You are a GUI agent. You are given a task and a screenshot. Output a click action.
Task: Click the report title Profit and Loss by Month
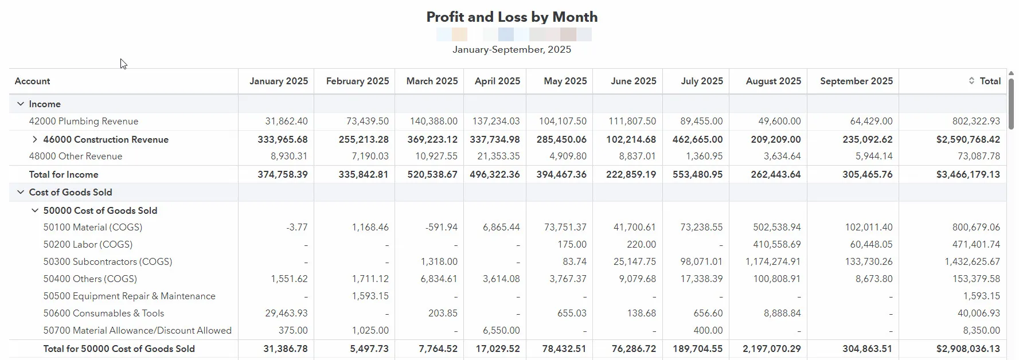(512, 17)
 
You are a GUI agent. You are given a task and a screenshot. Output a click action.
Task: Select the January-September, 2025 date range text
(512, 49)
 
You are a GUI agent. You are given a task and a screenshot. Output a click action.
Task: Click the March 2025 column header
(432, 81)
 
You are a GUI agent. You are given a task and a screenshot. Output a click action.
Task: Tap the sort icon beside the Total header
(971, 81)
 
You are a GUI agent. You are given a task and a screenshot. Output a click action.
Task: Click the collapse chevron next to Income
(21, 104)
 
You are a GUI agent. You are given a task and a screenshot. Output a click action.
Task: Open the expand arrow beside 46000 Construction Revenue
(34, 139)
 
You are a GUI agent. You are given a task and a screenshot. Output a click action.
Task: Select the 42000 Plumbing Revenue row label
(84, 122)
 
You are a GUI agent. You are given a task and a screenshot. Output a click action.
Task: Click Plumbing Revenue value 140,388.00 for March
(434, 122)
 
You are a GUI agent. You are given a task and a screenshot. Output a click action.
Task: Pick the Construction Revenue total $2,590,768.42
(968, 139)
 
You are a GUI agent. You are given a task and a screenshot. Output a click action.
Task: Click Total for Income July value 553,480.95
(697, 174)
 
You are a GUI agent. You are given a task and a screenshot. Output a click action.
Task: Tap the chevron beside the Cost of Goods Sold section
(21, 192)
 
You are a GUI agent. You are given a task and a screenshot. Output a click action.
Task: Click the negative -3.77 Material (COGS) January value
(297, 228)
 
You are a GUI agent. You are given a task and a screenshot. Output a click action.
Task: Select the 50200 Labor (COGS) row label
(88, 245)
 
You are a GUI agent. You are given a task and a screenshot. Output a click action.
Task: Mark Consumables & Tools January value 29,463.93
(286, 314)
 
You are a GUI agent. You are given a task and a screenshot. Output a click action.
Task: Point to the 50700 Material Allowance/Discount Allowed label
(137, 331)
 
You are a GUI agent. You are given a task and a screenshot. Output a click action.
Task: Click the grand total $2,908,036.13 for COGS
(968, 349)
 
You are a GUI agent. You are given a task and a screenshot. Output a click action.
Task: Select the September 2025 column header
(856, 81)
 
